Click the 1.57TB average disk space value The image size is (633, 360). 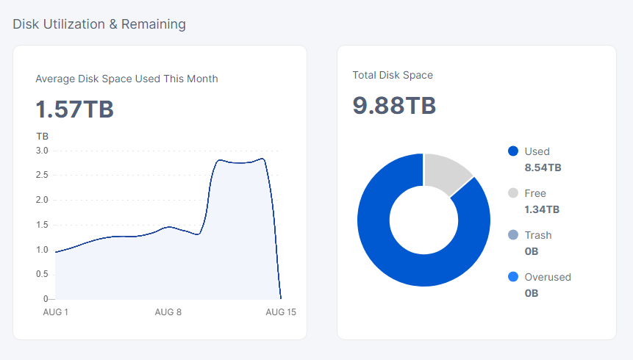74,109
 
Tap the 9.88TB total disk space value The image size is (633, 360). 394,106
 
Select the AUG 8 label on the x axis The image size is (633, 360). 168,312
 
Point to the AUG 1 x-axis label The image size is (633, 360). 56,312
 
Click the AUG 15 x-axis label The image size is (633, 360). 280,312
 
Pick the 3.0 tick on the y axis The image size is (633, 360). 42,151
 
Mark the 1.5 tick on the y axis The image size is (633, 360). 42,225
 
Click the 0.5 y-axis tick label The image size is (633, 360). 42,274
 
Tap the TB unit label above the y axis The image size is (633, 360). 42,136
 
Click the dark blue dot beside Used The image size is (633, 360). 513,151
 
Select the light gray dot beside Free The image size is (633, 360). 513,193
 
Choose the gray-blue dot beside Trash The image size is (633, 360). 513,235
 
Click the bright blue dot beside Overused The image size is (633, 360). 513,277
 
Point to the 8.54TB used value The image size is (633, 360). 543,168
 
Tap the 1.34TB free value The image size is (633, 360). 542,209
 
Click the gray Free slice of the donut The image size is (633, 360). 446,173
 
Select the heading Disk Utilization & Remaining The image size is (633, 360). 99,24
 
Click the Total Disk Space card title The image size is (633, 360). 393,75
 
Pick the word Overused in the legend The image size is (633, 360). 548,277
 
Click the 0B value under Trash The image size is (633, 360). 532,251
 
